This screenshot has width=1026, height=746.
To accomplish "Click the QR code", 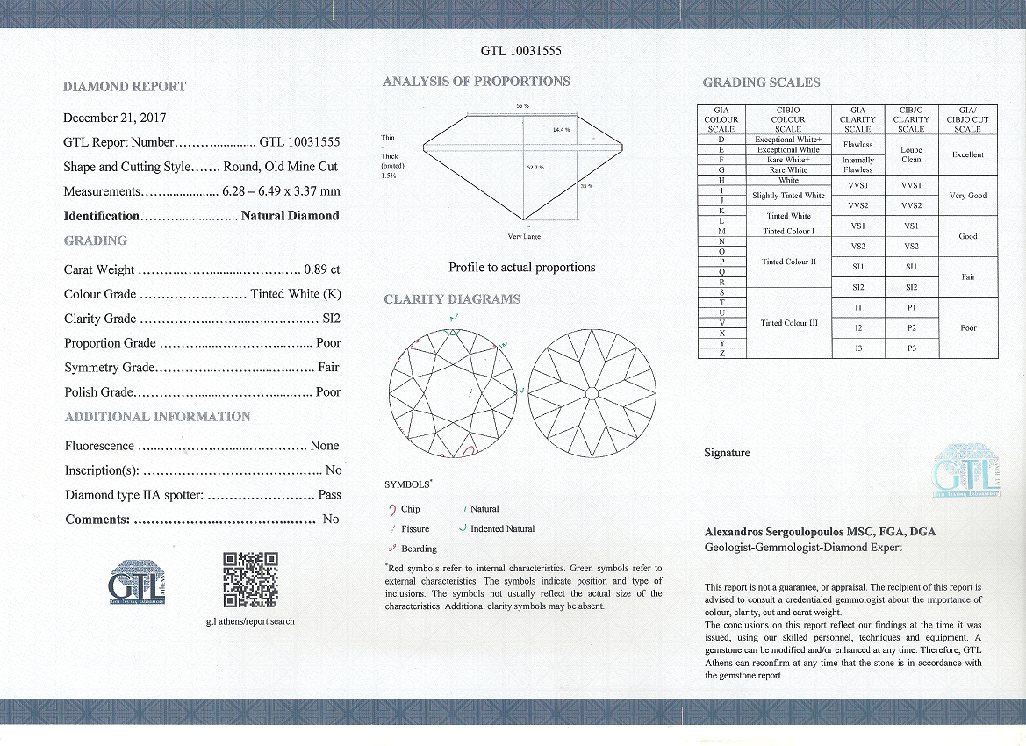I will pyautogui.click(x=250, y=579).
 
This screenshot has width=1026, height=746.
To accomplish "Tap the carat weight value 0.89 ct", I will pyautogui.click(x=322, y=269).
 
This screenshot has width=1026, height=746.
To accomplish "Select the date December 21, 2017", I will pyautogui.click(x=115, y=118).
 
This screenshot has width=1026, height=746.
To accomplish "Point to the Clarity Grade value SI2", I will pyautogui.click(x=328, y=319).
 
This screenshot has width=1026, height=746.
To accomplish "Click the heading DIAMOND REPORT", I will pyautogui.click(x=125, y=87).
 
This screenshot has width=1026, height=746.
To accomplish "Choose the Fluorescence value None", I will pyautogui.click(x=325, y=446).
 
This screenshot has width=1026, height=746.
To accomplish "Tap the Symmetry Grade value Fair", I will pyautogui.click(x=328, y=368).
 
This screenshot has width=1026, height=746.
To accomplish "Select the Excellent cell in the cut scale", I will pyautogui.click(x=968, y=154).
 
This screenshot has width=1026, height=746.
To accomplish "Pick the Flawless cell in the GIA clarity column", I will pyautogui.click(x=857, y=144).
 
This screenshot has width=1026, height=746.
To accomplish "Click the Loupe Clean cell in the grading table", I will pyautogui.click(x=911, y=154).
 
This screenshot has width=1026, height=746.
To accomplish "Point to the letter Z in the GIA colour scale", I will pyautogui.click(x=721, y=353).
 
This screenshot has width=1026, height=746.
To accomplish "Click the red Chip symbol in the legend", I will pyautogui.click(x=391, y=509).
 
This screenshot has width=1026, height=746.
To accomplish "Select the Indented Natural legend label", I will pyautogui.click(x=502, y=528).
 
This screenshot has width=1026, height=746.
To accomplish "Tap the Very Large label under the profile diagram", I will pyautogui.click(x=524, y=236).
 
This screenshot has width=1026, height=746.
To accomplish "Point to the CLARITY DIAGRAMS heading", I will pyautogui.click(x=452, y=299).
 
